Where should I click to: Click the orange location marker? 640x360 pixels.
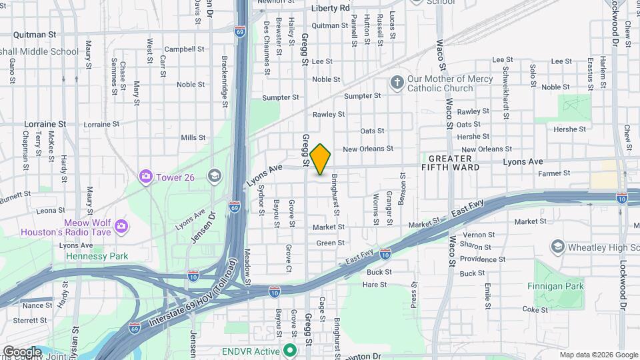(x=321, y=159)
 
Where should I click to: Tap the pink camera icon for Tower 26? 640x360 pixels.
(x=145, y=176)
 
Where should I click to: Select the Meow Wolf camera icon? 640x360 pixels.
(x=121, y=227)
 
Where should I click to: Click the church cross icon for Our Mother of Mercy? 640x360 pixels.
(x=397, y=83)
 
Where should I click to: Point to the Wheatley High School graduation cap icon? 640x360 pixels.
(x=557, y=247)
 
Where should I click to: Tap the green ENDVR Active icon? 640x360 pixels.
(x=289, y=350)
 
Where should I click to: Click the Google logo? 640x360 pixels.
(x=22, y=351)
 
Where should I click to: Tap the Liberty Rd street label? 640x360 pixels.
(x=331, y=8)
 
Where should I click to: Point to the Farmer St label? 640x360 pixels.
(x=555, y=173)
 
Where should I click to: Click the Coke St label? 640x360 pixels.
(x=535, y=309)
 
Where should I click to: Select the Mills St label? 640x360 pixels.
(x=193, y=138)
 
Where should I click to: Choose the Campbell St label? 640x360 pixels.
(x=184, y=49)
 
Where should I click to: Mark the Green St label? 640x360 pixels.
(x=330, y=243)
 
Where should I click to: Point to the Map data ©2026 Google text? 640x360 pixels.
(x=597, y=355)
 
